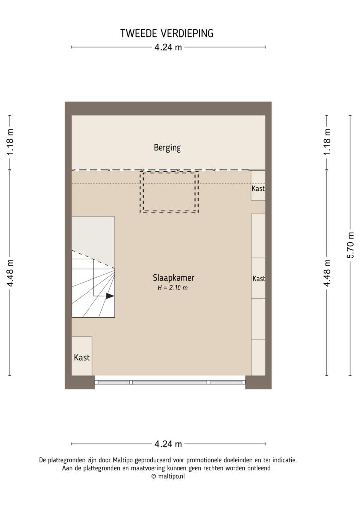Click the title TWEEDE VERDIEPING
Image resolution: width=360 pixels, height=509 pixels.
coord(167,34)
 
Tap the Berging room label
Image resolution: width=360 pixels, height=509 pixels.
coord(167,148)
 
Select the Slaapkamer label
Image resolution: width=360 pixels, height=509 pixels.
coord(170,278)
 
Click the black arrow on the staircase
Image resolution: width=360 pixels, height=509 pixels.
coord(110,296)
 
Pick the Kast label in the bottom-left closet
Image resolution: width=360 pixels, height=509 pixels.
coord(82,357)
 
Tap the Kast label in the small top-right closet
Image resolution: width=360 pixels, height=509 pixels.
coord(258,189)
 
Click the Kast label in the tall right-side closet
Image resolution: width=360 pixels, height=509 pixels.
coord(258,279)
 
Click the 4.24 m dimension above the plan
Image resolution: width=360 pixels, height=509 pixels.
coord(168,48)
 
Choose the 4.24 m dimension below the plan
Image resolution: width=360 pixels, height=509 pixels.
coord(168,443)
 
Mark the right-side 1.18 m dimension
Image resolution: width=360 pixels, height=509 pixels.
coord(327,143)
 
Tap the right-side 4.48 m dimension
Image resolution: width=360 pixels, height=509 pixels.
coord(327,273)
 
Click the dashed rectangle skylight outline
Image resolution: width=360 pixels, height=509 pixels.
coord(169,192)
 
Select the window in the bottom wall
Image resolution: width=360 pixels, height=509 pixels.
coord(170,382)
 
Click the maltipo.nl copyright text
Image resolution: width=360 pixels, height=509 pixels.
coord(168,476)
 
